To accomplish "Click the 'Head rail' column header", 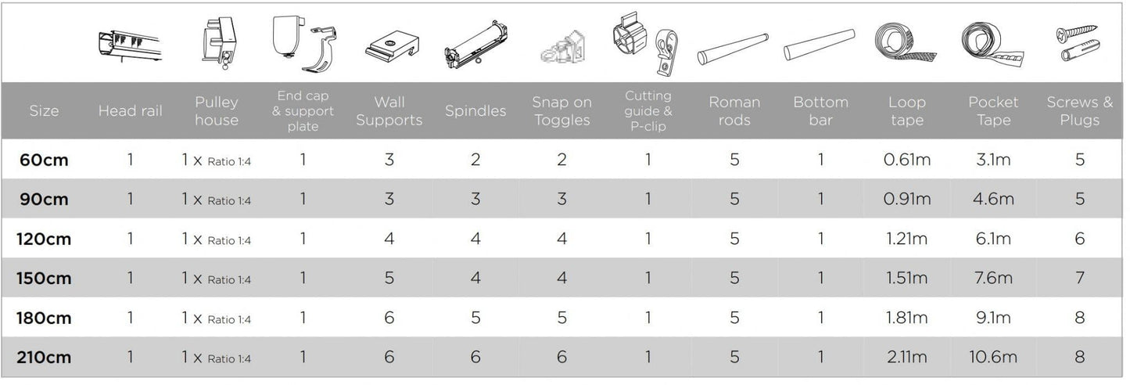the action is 130,111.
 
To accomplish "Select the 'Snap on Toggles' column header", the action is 561,111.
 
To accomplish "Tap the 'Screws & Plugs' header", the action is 1079,111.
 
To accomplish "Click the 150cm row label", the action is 44,278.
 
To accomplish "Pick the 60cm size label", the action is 44,160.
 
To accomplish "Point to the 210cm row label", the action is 44,358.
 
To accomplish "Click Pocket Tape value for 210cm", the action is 993,358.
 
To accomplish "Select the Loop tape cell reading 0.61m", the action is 906,160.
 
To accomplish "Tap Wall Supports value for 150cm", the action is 389,278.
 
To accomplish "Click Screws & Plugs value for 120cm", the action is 1079,239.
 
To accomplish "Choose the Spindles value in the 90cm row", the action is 475,199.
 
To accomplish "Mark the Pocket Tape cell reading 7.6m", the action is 993,278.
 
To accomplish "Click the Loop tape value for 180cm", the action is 906,318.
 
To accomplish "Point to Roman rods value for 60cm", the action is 734,160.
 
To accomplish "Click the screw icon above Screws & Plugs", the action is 1077,33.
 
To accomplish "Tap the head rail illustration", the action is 130,45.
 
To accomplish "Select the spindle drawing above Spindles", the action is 475,45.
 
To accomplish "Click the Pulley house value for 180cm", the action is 217,318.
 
